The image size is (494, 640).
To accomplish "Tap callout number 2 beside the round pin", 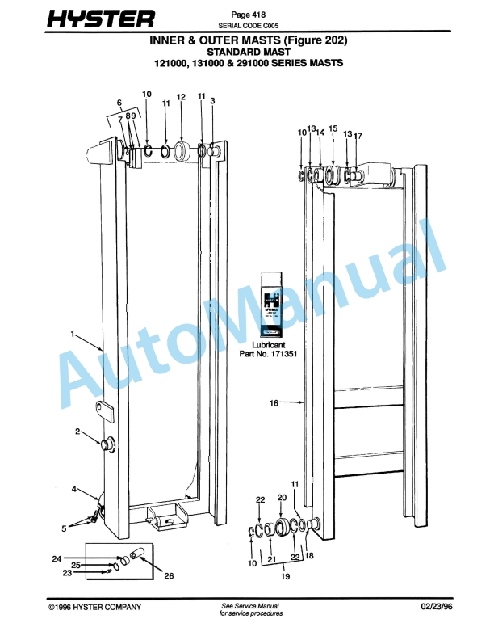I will point(77,432).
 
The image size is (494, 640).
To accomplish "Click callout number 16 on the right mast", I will point(274,402).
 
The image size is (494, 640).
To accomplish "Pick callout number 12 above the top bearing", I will point(181,97).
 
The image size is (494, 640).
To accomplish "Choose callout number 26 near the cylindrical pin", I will point(169,575).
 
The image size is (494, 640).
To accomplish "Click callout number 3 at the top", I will point(212,101).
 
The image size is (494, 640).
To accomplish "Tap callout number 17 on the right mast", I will point(358,136).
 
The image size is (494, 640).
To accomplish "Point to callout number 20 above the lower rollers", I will point(282,497).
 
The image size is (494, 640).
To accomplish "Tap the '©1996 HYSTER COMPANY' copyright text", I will point(94,606).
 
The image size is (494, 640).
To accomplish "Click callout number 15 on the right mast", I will point(333,128).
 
